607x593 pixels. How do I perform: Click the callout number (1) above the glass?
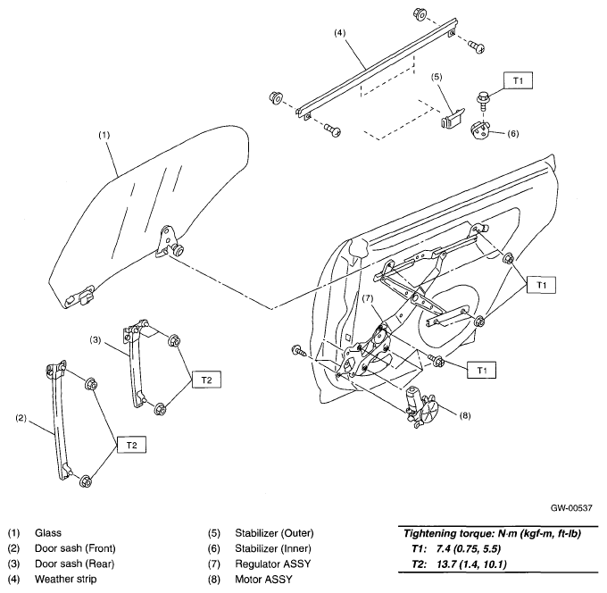[104, 135]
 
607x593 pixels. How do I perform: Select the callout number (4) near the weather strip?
[339, 33]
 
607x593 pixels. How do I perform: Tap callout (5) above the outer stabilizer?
[437, 77]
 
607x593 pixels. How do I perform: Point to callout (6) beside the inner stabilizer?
[512, 134]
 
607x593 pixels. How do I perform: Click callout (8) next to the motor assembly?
[464, 415]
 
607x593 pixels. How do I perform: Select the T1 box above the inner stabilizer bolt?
[518, 81]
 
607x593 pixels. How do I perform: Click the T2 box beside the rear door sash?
[207, 380]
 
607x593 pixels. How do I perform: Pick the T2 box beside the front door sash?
[131, 445]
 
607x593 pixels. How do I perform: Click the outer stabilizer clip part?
[453, 117]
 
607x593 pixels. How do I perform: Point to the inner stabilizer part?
[480, 130]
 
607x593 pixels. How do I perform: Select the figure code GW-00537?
[571, 508]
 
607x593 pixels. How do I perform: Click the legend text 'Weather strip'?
[65, 579]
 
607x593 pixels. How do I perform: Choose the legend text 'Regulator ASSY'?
[272, 564]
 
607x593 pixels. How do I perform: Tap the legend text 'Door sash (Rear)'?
[74, 564]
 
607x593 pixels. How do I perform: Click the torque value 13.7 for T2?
[446, 564]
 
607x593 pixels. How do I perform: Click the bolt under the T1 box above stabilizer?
[483, 99]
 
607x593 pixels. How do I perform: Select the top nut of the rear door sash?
[174, 341]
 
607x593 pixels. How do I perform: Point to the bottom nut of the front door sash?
[85, 481]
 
